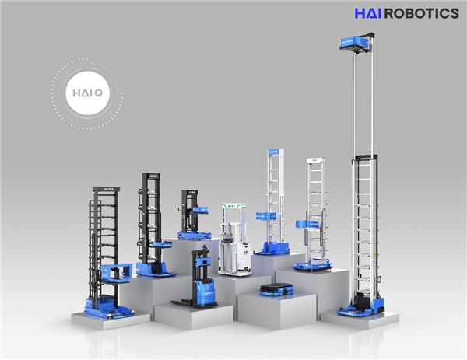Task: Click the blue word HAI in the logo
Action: (368, 13)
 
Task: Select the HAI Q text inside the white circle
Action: (87, 93)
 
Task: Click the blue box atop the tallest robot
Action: (354, 42)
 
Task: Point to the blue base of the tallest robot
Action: (361, 309)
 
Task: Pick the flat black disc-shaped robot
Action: (276, 289)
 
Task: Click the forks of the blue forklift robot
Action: (182, 303)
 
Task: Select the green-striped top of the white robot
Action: (233, 206)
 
